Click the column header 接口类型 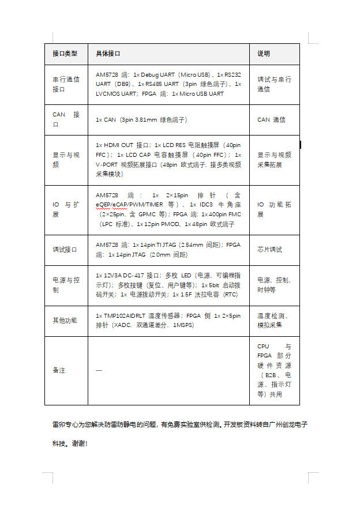tap(65, 54)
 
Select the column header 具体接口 tap(108, 54)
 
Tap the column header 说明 tap(264, 54)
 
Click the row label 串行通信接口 tap(66, 84)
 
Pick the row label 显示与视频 tap(66, 160)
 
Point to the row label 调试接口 tap(64, 250)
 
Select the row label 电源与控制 tap(66, 285)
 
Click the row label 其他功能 tap(64, 320)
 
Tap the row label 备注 tap(59, 370)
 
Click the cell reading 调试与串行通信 tap(274, 84)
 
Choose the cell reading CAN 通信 tap(271, 120)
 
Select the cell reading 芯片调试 tap(269, 250)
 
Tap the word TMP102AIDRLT tap(123, 315)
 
